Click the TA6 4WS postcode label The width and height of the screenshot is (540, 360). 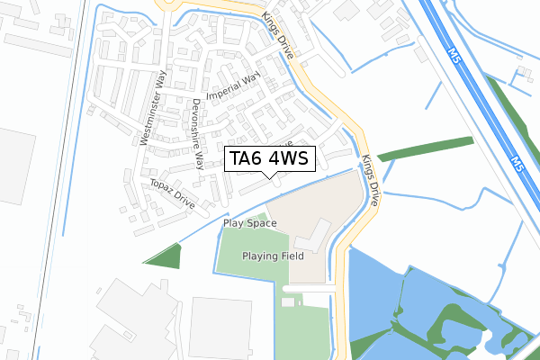[269, 159]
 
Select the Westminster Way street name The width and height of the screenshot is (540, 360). [154, 107]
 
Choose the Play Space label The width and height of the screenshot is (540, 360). [249, 223]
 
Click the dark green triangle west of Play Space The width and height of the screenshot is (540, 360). [166, 256]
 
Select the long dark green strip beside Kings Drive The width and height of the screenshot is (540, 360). [426, 148]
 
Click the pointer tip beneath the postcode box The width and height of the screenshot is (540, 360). [269, 176]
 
